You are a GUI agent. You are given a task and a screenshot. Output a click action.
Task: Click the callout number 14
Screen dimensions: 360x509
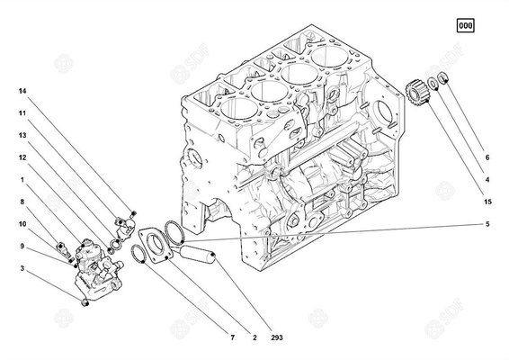[23, 91]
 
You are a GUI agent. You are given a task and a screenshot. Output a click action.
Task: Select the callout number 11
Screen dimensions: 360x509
[23, 114]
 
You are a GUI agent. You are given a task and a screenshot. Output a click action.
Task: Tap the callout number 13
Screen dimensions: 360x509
[23, 134]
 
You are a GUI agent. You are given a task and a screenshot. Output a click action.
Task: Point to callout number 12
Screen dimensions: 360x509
[23, 157]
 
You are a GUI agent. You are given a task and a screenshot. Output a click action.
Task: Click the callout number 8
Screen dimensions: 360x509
[23, 202]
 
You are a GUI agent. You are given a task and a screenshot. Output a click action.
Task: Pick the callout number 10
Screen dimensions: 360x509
[23, 223]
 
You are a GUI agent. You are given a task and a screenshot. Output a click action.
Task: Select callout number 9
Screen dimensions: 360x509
[23, 246]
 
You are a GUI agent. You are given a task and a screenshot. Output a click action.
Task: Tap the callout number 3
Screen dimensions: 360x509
[23, 268]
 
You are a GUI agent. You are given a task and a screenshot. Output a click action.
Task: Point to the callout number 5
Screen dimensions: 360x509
[487, 223]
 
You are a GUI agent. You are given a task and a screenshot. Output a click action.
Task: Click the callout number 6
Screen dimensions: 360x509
[487, 157]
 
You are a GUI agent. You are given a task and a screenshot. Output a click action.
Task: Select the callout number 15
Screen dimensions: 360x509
[487, 202]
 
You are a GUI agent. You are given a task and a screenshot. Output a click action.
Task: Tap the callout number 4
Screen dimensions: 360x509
[487, 179]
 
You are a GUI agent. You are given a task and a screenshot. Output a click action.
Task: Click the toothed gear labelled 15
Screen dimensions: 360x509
[415, 92]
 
